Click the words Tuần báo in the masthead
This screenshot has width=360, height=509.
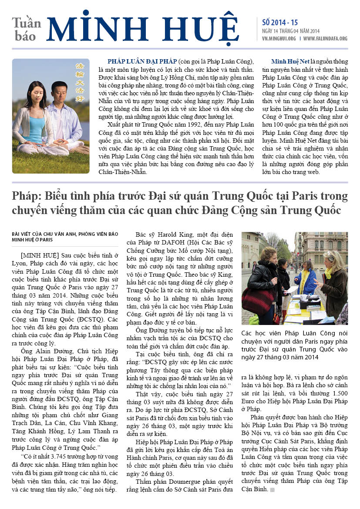point(27,29)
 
